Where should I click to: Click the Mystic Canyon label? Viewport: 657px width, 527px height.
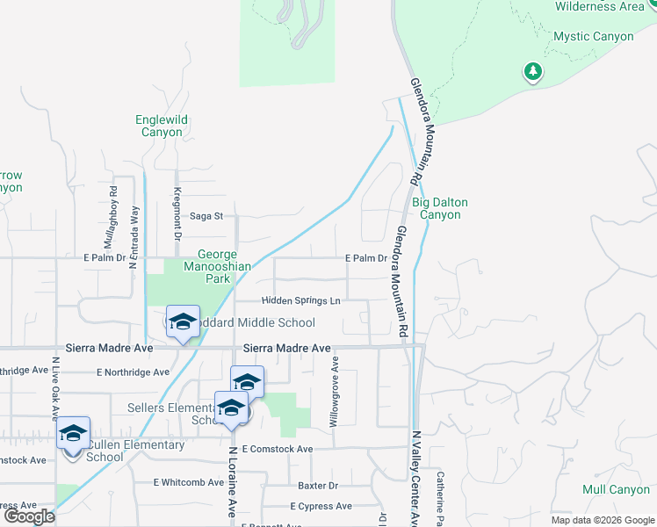click(593, 36)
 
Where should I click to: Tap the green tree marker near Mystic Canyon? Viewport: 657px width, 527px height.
click(532, 71)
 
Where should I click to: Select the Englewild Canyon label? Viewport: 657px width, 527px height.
click(159, 126)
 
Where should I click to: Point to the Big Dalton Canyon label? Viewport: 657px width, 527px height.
click(439, 208)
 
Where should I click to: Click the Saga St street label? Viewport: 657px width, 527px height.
click(207, 216)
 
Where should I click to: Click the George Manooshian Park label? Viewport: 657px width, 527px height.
click(210, 267)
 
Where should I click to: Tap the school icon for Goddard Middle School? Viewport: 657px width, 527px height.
click(183, 322)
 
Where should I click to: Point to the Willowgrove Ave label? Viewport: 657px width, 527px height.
click(334, 393)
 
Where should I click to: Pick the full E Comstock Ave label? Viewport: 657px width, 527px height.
click(277, 449)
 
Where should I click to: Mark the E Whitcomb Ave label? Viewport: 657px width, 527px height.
click(188, 482)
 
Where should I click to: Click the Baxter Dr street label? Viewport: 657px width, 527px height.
click(317, 486)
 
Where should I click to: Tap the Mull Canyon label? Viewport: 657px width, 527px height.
click(616, 489)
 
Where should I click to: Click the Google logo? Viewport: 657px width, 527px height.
click(30, 516)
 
